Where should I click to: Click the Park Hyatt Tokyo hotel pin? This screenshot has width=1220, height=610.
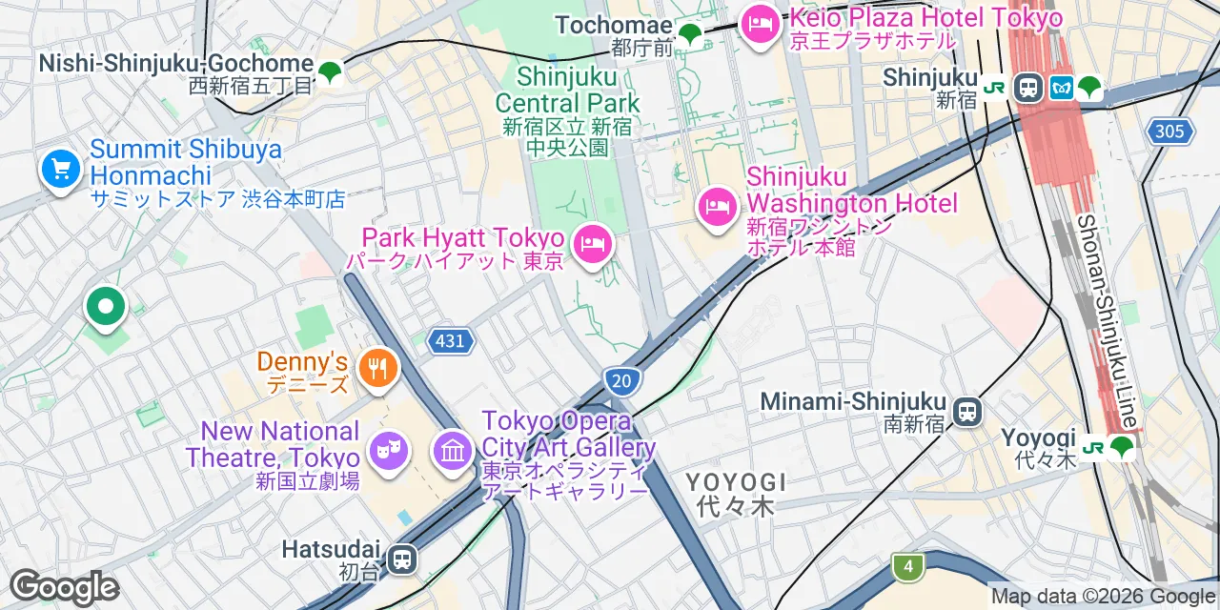pos(593,244)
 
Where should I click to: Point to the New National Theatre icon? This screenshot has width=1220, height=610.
pos(389,450)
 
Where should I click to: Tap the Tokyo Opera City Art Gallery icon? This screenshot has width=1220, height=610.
pos(453,450)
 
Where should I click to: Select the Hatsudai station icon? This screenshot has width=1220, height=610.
pos(403,558)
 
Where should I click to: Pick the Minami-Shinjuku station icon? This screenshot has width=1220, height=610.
pos(967,412)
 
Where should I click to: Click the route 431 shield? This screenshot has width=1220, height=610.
pos(450,341)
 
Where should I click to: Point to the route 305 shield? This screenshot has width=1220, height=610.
pos(1170,131)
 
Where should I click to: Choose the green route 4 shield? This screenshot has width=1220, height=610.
pos(908,567)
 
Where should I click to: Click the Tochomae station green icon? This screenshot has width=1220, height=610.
pos(689,35)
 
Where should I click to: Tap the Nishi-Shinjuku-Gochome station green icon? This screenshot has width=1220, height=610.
pos(330,71)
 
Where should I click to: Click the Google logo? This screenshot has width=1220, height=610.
pos(63,587)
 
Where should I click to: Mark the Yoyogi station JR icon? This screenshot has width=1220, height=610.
pos(1092,446)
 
